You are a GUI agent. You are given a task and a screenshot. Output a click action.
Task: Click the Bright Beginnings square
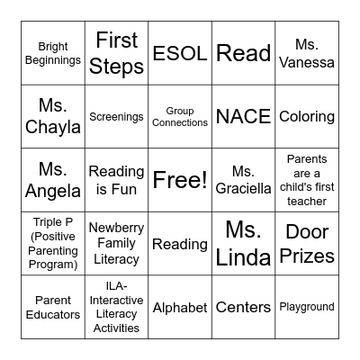[x=53, y=53]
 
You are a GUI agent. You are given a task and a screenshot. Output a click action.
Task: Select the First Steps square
[x=117, y=53]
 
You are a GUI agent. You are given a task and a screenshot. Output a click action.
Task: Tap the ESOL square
[x=180, y=53]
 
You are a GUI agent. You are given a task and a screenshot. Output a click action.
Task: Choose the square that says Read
[x=243, y=53]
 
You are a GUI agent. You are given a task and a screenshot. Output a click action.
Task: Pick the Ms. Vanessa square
[x=307, y=53]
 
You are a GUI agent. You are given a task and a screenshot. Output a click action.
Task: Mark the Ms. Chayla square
[x=53, y=116]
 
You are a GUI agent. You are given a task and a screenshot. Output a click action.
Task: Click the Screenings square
[x=117, y=116]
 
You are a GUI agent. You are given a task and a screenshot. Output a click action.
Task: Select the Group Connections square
[x=180, y=116]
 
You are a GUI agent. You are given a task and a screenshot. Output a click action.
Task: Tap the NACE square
[x=243, y=116]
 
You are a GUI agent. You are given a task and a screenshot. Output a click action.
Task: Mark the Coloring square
[x=307, y=116]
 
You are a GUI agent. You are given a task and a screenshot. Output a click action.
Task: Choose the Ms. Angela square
[x=53, y=180]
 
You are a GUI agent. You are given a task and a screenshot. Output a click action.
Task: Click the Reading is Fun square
[x=117, y=180]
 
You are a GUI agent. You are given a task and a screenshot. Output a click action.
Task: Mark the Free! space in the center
[x=180, y=180]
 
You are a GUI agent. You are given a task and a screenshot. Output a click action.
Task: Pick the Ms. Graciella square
[x=243, y=180]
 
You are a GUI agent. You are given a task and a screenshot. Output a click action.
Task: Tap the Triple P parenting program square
[x=53, y=243]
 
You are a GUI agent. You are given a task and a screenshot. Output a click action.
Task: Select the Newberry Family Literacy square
[x=117, y=243]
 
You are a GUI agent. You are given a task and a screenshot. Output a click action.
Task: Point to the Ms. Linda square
[x=243, y=243]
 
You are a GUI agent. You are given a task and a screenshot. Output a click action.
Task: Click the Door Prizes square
[x=307, y=243]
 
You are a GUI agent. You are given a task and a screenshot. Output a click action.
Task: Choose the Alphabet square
[x=180, y=307]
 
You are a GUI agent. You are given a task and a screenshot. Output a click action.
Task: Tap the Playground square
[x=307, y=307]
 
